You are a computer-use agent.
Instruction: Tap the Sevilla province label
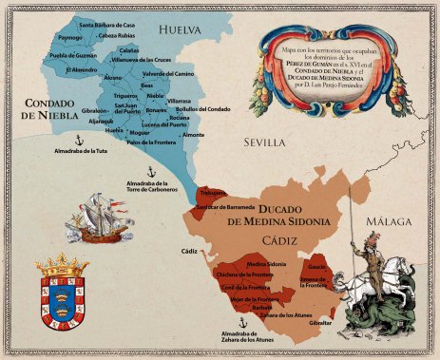pyautogui.click(x=264, y=142)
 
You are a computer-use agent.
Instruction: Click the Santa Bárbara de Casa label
pyautogui.click(x=105, y=25)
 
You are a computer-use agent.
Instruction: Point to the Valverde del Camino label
pyautogui.click(x=168, y=74)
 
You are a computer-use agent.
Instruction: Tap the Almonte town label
pyautogui.click(x=193, y=136)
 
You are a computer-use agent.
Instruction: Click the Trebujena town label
pyautogui.click(x=212, y=193)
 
